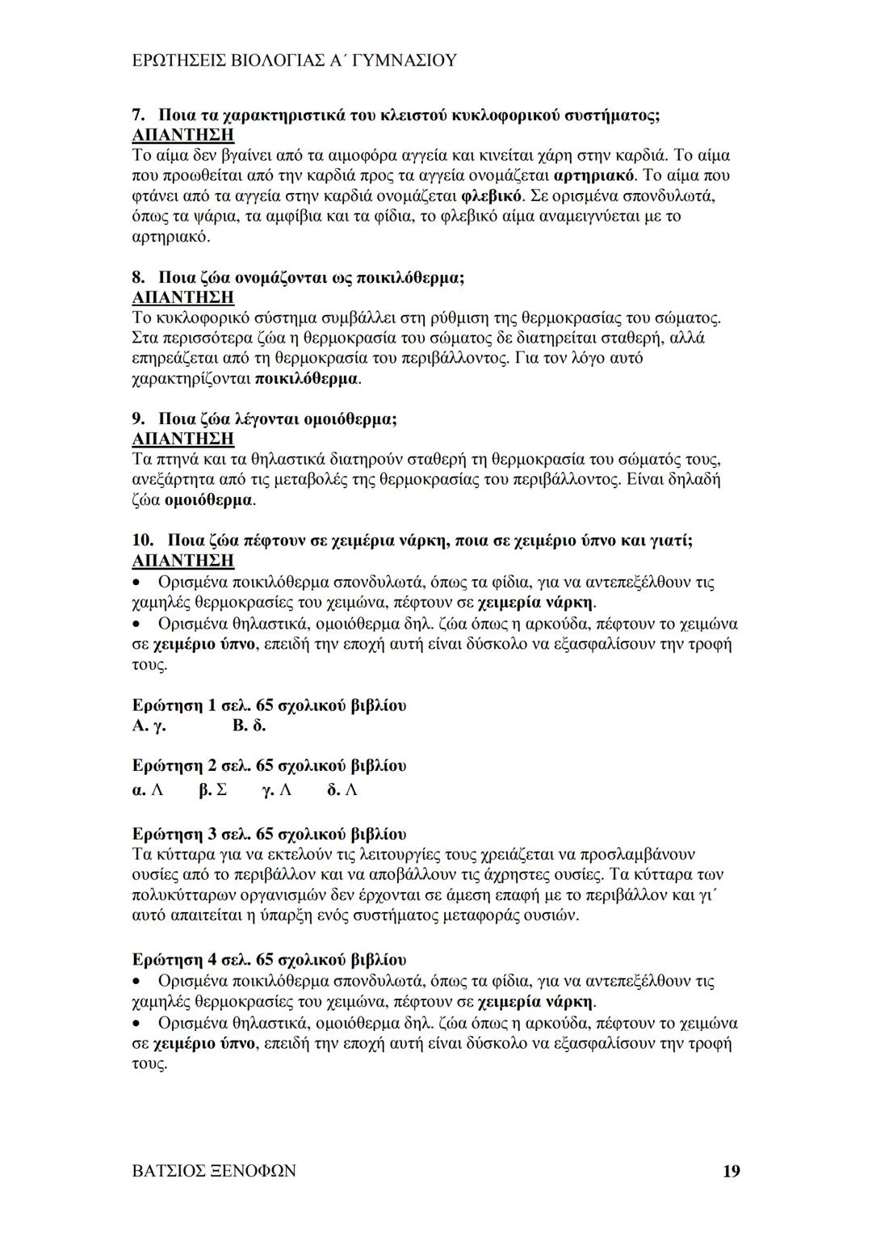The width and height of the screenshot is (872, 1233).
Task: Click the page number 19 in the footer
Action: pyautogui.click(x=731, y=1171)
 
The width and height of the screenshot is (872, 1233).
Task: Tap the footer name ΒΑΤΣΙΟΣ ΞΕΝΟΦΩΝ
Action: pyautogui.click(x=213, y=1171)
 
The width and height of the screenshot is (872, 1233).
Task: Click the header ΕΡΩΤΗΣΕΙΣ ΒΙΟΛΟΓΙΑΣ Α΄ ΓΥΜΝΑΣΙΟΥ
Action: pyautogui.click(x=294, y=61)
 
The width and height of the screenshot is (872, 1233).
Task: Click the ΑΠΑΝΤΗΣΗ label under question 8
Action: pyautogui.click(x=182, y=297)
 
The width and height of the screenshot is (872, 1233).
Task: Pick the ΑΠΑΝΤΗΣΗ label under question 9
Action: pyautogui.click(x=182, y=439)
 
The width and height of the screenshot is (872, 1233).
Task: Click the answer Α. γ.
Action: pyautogui.click(x=149, y=726)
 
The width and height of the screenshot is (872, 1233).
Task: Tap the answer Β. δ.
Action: pyautogui.click(x=249, y=726)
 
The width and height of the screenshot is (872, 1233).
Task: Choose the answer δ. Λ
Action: pyautogui.click(x=342, y=789)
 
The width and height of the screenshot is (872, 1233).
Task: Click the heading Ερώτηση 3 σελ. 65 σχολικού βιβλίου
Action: pyautogui.click(x=269, y=834)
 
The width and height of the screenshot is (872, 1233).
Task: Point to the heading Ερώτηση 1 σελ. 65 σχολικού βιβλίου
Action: pyautogui.click(x=269, y=705)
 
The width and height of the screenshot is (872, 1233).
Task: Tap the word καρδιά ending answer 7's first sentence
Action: pyautogui.click(x=640, y=154)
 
